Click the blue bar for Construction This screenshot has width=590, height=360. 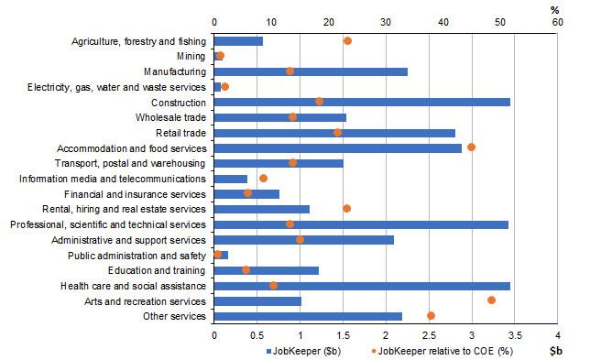click(x=361, y=102)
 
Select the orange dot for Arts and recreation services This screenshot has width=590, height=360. click(x=491, y=300)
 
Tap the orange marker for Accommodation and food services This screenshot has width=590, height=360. click(x=471, y=147)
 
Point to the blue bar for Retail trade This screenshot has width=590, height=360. click(x=333, y=132)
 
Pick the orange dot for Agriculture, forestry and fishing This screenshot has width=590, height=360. click(x=347, y=40)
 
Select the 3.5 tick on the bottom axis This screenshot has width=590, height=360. click(x=514, y=334)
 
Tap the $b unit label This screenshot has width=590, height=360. click(x=555, y=351)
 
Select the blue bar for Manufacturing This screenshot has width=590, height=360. click(x=310, y=71)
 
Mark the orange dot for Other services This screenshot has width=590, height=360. click(x=431, y=315)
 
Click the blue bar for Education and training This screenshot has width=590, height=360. click(x=266, y=269)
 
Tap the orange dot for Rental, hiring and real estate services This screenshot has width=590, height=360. click(x=346, y=208)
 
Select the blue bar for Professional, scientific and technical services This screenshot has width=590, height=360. click(x=360, y=224)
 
